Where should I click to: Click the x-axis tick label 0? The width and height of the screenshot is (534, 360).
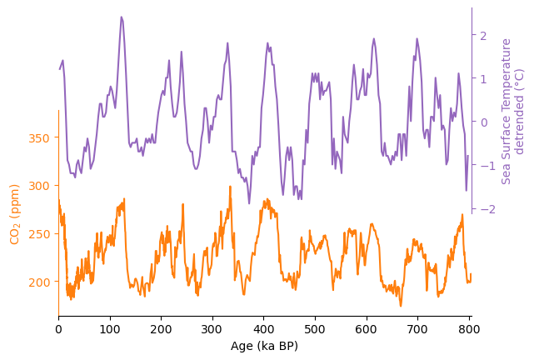(x=58, y=329)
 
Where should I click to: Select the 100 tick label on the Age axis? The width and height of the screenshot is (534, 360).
(x=110, y=329)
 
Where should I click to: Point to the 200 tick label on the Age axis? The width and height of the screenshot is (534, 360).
(x=161, y=329)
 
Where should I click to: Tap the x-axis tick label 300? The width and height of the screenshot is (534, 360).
(x=212, y=329)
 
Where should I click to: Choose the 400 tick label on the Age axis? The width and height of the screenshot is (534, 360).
(x=264, y=329)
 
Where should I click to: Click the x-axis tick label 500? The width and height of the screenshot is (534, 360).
(x=315, y=329)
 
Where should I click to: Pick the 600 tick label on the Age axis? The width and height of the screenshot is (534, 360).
(x=367, y=329)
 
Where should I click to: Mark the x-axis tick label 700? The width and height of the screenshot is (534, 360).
(x=418, y=329)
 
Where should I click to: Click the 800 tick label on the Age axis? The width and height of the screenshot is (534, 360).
(x=469, y=329)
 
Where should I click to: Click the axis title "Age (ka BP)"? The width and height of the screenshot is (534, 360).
(x=264, y=346)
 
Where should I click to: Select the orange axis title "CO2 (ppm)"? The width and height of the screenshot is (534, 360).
(x=15, y=213)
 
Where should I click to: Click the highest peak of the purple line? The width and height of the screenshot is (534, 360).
(x=121, y=17)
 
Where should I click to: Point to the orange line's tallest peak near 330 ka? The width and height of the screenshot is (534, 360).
(x=229, y=187)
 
